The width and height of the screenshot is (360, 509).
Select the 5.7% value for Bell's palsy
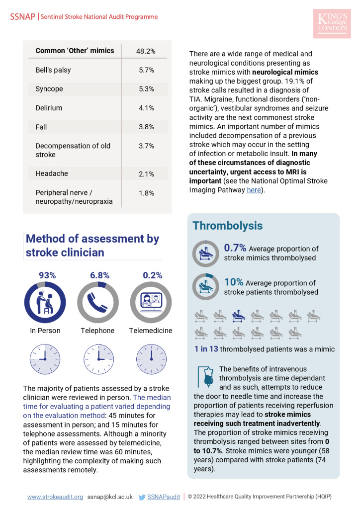tap(146, 70)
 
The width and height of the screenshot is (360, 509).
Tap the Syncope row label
tap(50, 89)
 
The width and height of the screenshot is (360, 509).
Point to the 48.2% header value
tap(146, 51)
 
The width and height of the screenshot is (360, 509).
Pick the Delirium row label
tap(49, 108)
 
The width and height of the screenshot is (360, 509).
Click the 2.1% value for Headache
tap(146, 174)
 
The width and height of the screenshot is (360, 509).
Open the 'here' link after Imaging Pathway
tap(254, 190)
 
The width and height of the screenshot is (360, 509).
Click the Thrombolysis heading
tap(227, 226)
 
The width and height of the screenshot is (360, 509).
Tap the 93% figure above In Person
tap(47, 275)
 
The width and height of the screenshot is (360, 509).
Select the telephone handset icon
tap(98, 302)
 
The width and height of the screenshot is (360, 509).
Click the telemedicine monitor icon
tap(151, 302)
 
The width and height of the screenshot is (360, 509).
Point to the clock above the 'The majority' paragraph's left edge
tap(45, 359)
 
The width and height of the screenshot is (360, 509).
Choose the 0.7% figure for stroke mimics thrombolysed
tap(235, 248)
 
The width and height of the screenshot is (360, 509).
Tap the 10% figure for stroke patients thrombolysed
tap(233, 282)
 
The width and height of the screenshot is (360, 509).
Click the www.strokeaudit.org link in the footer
tap(55, 497)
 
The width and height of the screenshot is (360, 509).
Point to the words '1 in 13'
tap(206, 349)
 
